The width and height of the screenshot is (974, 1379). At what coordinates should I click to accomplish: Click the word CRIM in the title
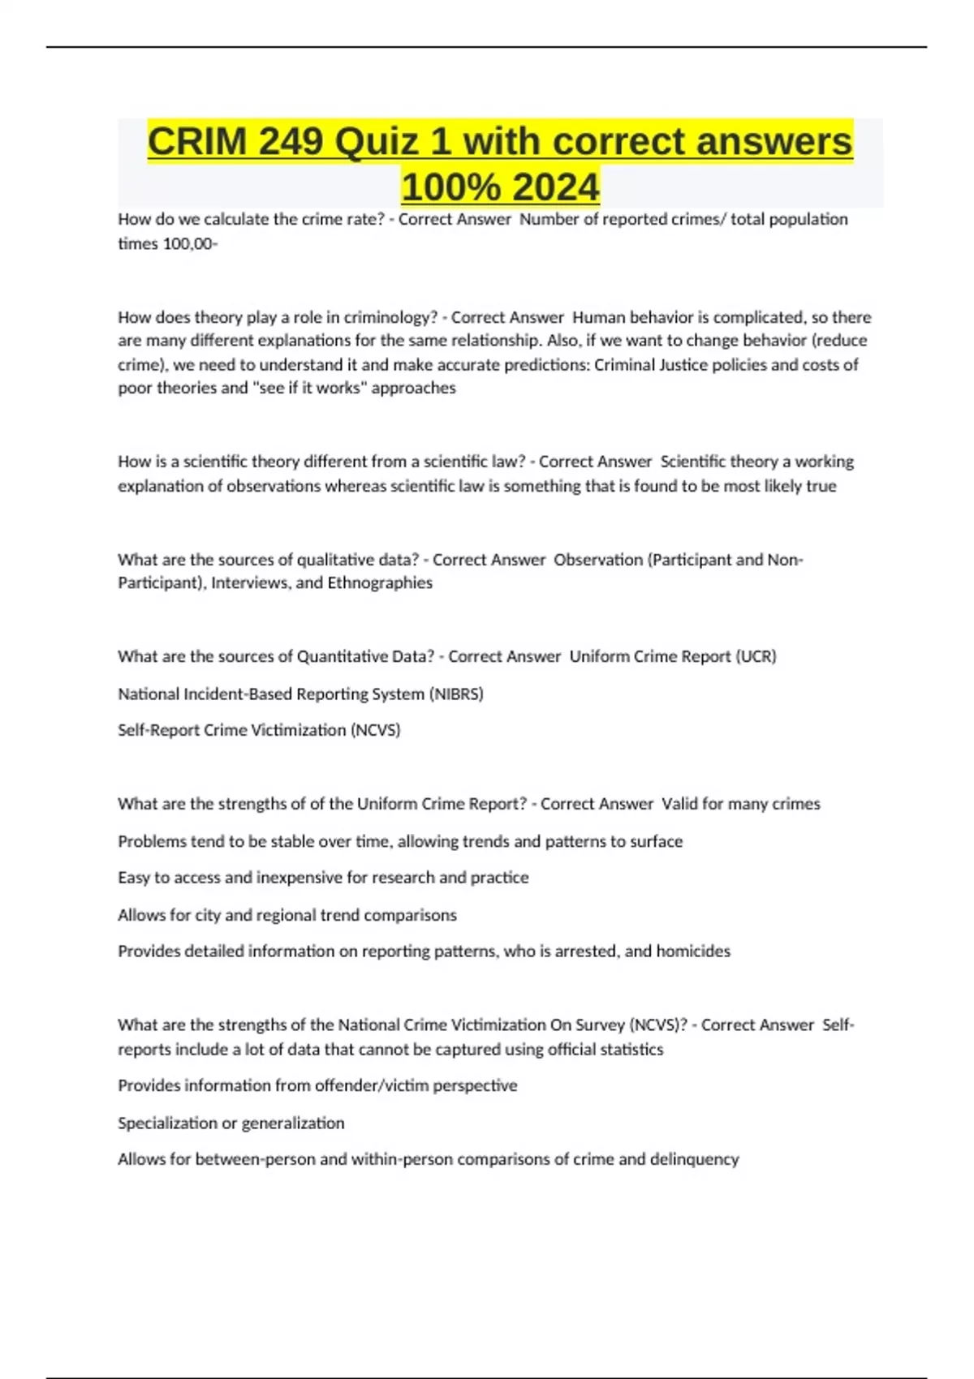coord(196,142)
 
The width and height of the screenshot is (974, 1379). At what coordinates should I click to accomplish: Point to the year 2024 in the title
coord(556,187)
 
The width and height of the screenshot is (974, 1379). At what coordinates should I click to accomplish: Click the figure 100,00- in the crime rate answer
coord(190,243)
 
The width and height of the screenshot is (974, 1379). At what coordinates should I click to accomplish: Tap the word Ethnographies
coord(380,582)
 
